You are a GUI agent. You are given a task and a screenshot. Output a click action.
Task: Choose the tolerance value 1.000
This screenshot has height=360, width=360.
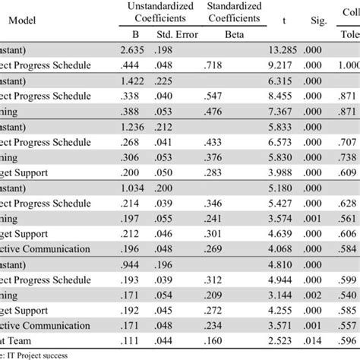coord(348,65)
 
